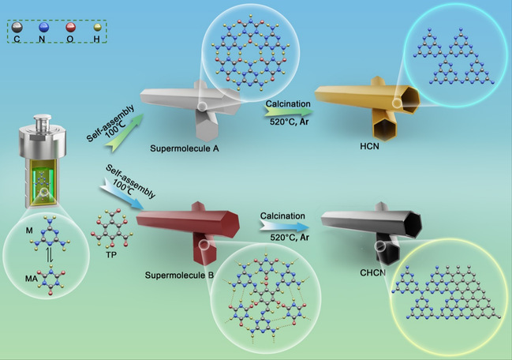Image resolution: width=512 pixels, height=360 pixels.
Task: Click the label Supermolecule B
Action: coord(178,277)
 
